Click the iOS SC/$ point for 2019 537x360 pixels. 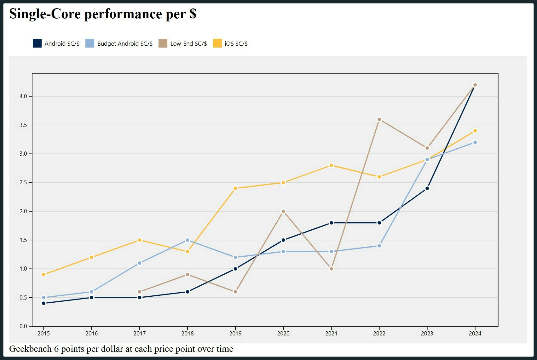point(235,188)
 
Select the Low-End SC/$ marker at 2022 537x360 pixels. point(379,119)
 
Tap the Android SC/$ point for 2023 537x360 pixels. point(427,188)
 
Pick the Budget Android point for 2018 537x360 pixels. point(188,240)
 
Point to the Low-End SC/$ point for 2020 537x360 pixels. point(283,211)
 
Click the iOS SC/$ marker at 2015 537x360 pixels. point(44,275)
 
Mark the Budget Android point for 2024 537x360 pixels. point(475,142)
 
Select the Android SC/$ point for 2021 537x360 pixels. point(331,223)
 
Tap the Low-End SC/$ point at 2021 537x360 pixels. point(331,269)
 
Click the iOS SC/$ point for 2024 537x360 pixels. point(475,131)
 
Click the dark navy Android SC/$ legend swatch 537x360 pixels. point(37,43)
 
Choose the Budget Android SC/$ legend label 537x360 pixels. point(125,44)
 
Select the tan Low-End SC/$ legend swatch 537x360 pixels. point(163,43)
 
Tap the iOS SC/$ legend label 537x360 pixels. point(236,44)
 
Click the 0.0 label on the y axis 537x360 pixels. point(23,326)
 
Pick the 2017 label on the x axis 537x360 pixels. point(140,334)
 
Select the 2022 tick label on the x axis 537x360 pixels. point(379,334)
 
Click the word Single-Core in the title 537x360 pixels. point(45,14)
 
